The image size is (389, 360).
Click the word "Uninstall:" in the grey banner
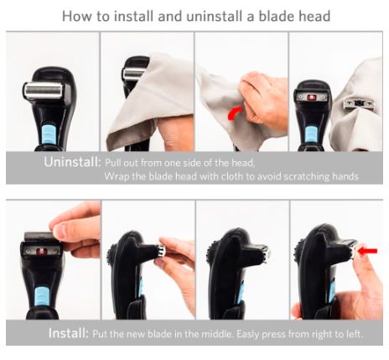(x=72, y=162)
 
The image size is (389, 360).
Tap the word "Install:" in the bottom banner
(x=69, y=333)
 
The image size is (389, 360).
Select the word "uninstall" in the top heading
(x=215, y=16)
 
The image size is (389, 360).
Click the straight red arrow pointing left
(x=367, y=251)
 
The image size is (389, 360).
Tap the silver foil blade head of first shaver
(x=44, y=91)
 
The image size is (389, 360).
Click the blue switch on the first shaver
(x=49, y=133)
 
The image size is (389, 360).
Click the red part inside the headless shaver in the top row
(x=311, y=97)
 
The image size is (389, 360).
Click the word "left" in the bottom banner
(x=355, y=334)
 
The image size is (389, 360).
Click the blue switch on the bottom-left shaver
(x=42, y=296)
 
